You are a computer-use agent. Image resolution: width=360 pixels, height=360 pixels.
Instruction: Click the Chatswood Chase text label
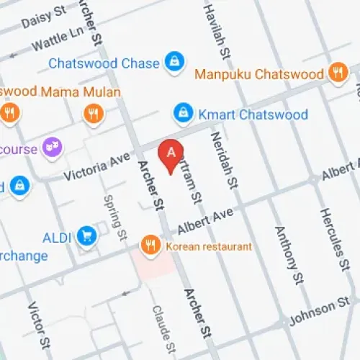pos(104,63)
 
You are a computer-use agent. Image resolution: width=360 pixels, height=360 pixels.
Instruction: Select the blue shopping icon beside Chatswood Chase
pos(173,63)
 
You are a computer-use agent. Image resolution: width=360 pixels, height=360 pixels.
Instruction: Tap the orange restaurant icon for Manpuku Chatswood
pos(336,72)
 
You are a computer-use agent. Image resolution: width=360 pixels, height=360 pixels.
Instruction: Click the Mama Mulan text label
pos(81,92)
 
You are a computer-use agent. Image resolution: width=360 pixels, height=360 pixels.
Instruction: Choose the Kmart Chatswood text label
pos(253,114)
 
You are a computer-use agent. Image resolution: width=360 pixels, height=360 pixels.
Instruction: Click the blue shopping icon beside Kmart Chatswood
pos(184,114)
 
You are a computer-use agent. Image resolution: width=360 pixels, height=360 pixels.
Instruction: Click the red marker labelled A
pos(171,153)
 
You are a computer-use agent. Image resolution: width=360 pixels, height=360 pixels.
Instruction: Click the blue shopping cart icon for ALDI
pos(87,235)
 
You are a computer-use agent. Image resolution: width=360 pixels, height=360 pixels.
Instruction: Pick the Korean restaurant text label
pos(209,246)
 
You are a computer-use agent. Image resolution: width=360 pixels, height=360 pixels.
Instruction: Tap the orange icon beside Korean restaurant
pos(150,246)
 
